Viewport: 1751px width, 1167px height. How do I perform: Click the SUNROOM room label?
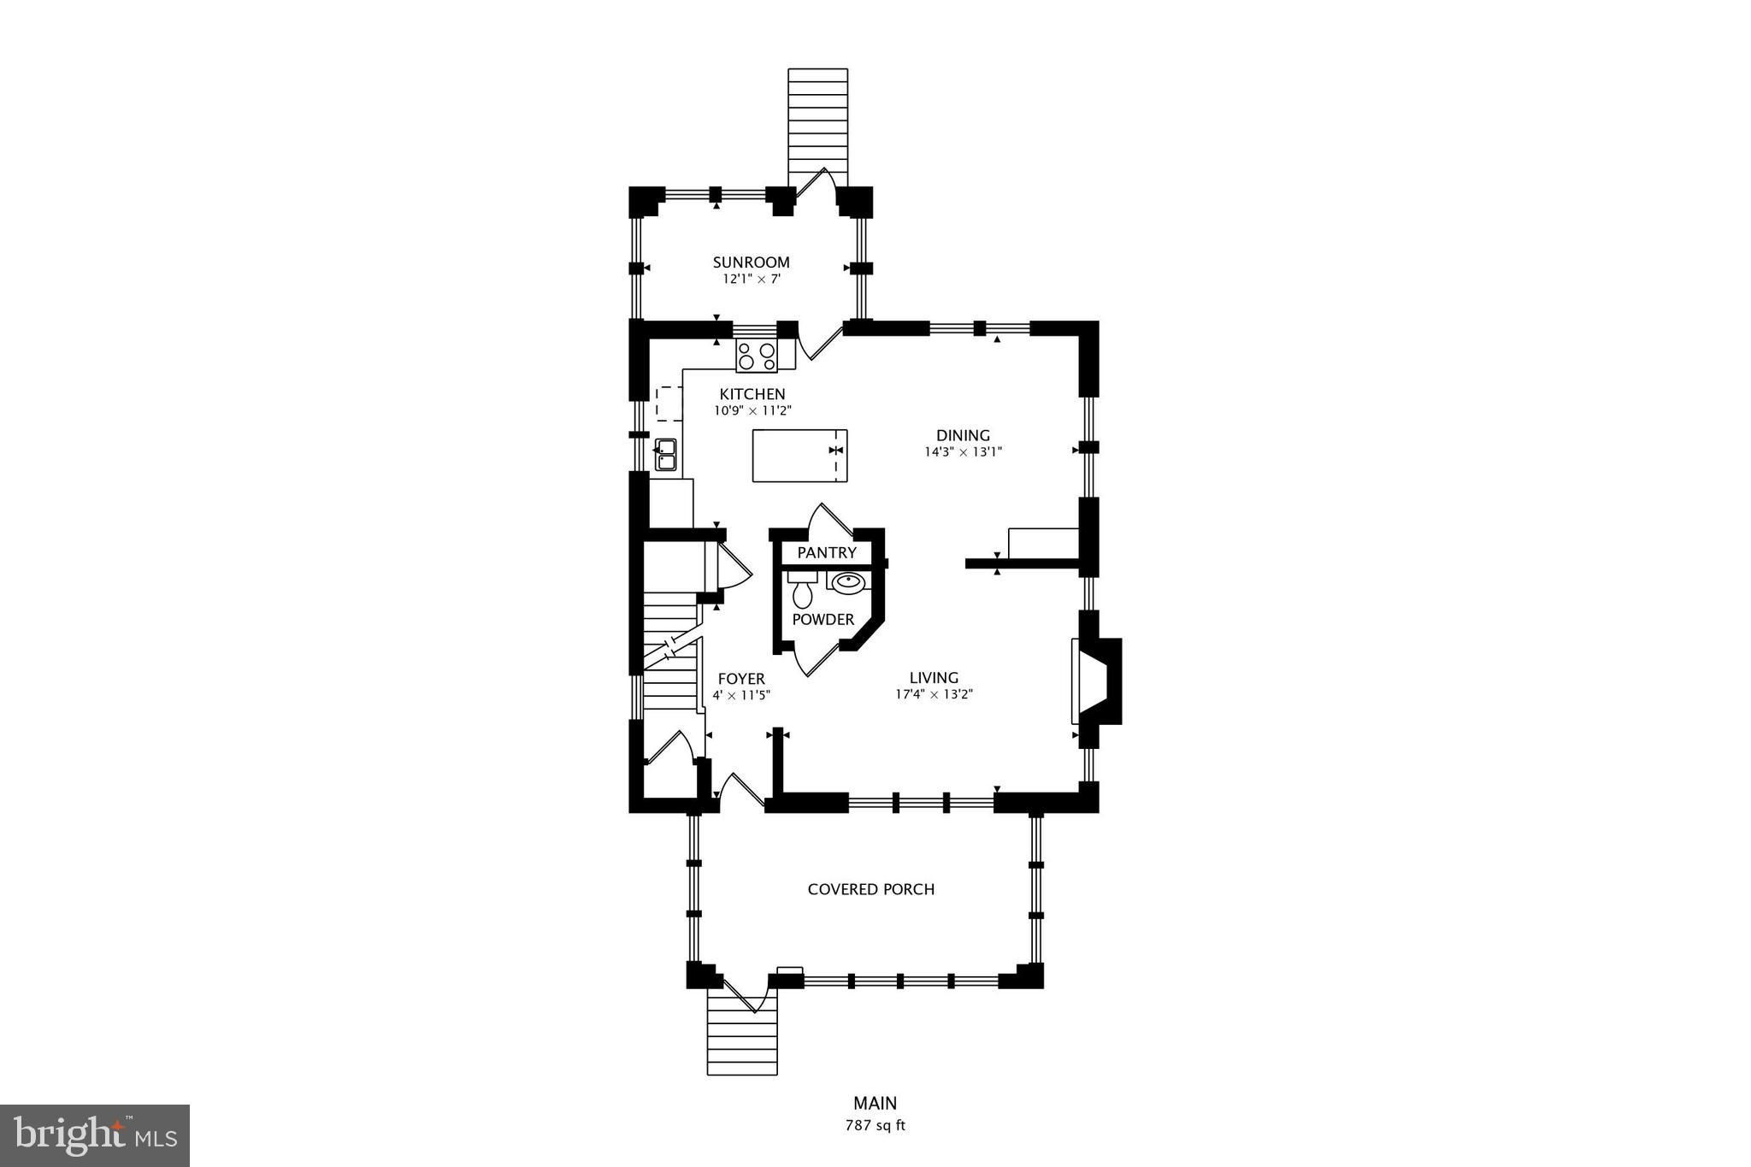point(752,262)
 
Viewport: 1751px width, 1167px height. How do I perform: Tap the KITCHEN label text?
point(752,394)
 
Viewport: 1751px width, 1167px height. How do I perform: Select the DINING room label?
point(963,435)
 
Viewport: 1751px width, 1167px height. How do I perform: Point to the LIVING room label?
point(934,678)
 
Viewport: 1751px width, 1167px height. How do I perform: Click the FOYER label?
point(741,680)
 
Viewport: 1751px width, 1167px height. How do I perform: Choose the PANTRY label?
point(827,553)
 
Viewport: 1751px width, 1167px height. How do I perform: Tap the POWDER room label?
point(823,620)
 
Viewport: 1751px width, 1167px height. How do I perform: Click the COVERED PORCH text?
point(871,889)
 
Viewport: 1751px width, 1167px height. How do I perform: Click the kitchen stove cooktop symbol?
point(757,356)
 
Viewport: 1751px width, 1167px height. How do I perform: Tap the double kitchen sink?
point(665,455)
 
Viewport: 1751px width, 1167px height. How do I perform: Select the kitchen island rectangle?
point(799,456)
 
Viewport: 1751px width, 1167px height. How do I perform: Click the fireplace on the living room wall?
point(1097,681)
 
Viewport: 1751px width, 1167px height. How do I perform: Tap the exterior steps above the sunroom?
point(818,127)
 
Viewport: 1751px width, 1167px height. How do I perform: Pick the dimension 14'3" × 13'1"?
point(963,452)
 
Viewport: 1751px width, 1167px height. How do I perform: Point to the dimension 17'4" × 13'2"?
point(934,695)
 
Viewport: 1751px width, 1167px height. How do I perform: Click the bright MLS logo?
point(95,1135)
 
